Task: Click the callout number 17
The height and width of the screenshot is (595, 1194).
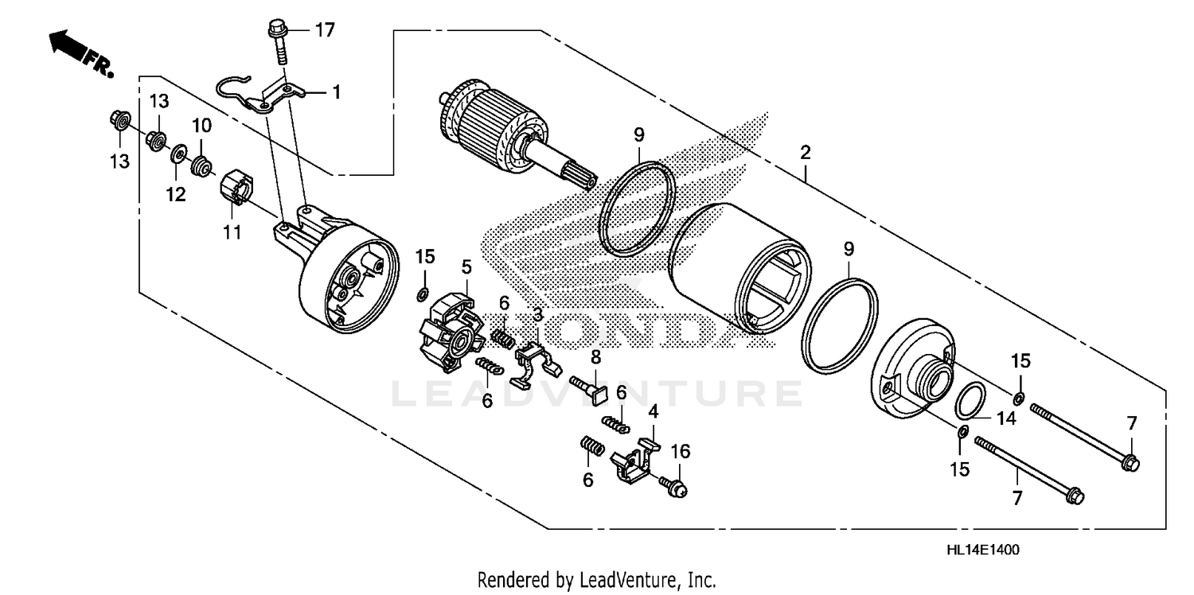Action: click(x=324, y=31)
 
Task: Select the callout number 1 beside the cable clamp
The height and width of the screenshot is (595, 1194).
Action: click(x=336, y=93)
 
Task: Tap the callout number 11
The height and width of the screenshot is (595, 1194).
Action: click(x=232, y=233)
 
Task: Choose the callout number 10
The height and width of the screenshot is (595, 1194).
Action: click(x=201, y=125)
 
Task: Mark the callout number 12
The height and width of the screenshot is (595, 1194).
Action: click(x=176, y=194)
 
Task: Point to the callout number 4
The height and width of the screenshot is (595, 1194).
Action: click(x=653, y=412)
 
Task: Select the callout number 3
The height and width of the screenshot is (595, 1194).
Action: click(x=537, y=315)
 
